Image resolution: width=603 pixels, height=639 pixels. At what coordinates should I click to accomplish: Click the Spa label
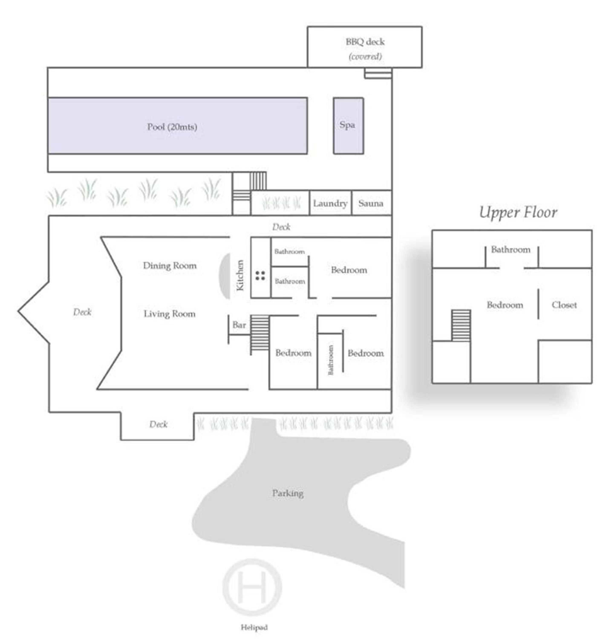tap(347, 125)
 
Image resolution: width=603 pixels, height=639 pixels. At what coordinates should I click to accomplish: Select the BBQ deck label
tap(365, 42)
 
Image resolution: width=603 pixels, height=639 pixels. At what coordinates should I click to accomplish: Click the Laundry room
tap(330, 203)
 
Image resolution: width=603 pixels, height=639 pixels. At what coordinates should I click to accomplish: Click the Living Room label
tap(169, 314)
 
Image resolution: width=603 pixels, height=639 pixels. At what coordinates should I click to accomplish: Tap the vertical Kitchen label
tap(240, 275)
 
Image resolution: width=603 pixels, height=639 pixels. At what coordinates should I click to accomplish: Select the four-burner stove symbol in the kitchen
tap(260, 275)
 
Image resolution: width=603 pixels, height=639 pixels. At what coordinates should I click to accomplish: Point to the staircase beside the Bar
tap(260, 335)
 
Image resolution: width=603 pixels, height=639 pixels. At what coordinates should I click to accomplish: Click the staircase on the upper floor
tap(461, 325)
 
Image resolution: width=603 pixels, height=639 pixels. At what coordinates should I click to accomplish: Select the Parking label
tap(288, 493)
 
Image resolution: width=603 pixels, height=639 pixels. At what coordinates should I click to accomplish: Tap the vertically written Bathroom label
tap(331, 360)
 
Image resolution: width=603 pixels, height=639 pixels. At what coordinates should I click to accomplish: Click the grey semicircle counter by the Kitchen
tap(225, 276)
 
